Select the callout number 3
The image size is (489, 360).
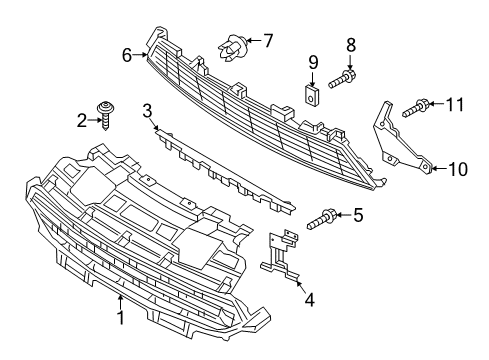(x=147, y=110)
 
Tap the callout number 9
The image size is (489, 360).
(x=312, y=62)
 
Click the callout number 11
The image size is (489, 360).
(x=455, y=103)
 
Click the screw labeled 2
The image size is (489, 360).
(x=104, y=114)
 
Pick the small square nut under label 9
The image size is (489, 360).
(x=311, y=95)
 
